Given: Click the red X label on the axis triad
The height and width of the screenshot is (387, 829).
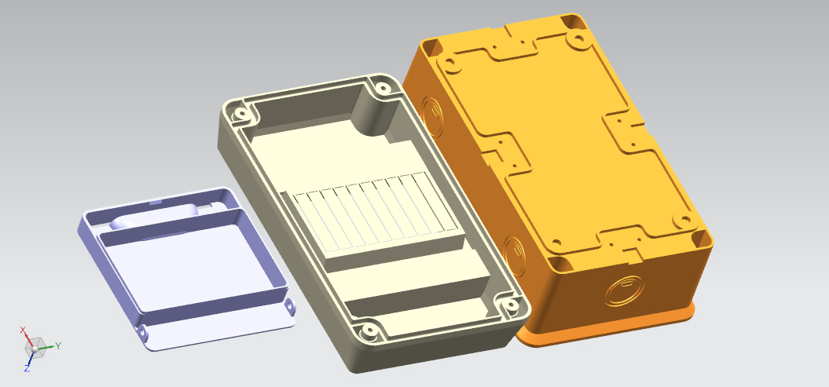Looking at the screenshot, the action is [x=23, y=330].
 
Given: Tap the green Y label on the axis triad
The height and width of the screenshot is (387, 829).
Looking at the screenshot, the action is [x=58, y=346].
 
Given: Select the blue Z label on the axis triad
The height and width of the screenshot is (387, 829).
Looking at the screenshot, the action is [x=27, y=368].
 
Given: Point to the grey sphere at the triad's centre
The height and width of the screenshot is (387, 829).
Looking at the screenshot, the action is [x=35, y=349].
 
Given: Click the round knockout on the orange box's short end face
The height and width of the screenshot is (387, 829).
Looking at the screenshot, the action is [x=625, y=291].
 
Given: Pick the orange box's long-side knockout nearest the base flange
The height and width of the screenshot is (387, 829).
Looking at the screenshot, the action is [x=515, y=257].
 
